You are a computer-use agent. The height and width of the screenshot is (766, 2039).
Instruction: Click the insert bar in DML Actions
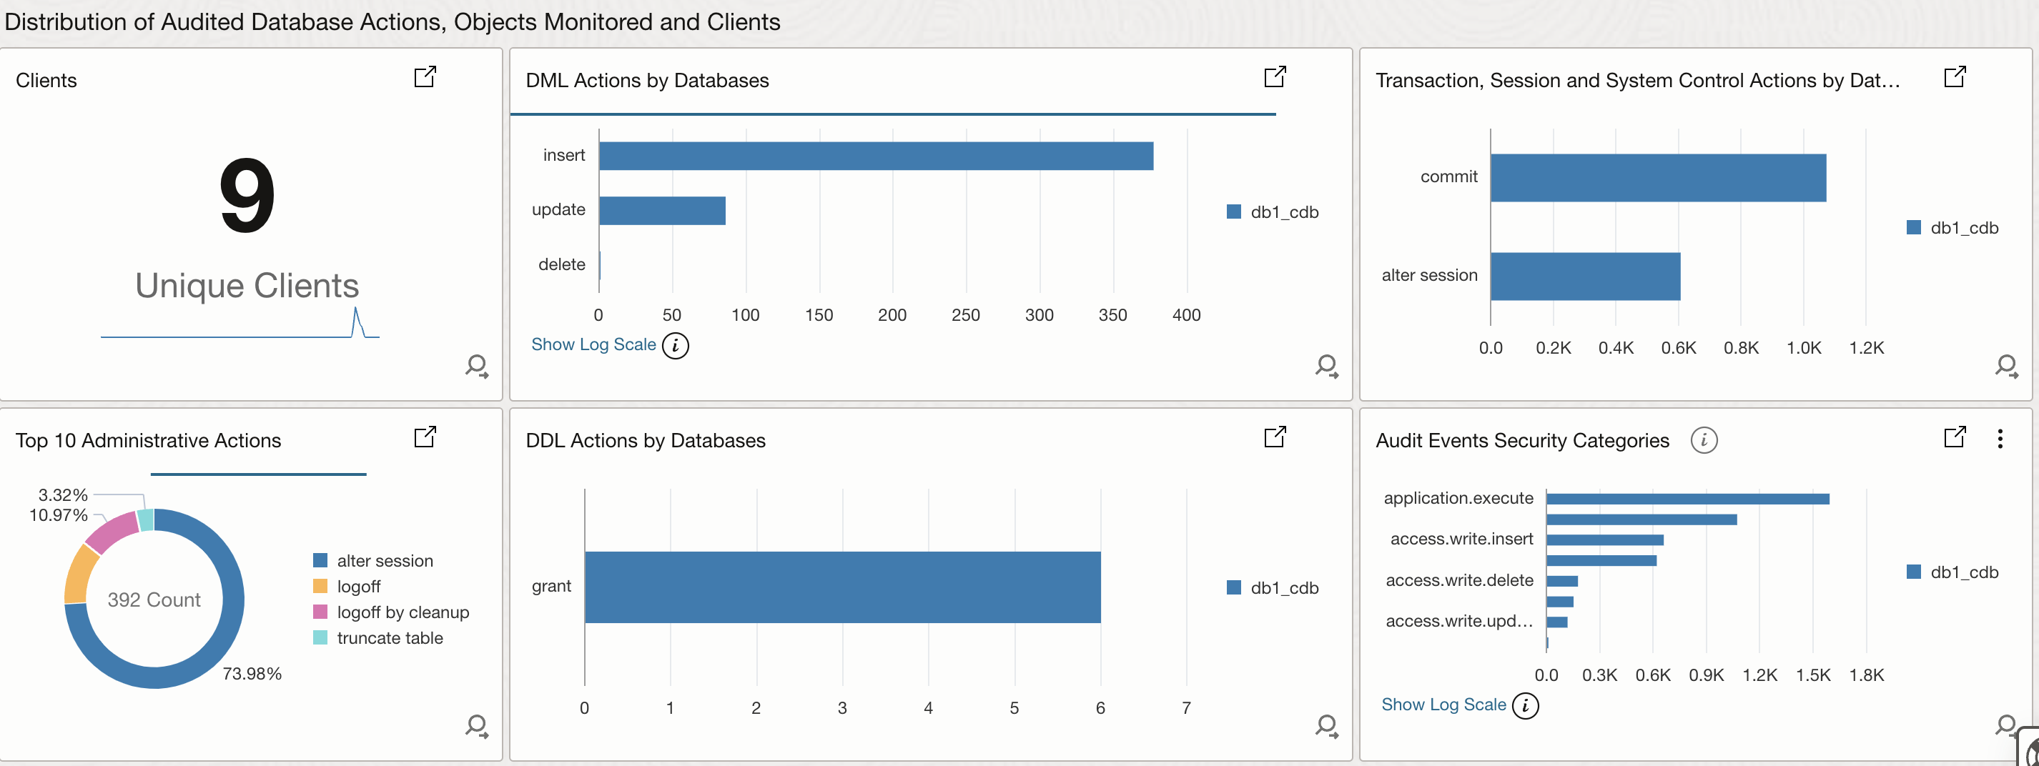pyautogui.click(x=875, y=156)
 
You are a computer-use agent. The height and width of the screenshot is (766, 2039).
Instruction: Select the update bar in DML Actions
pyautogui.click(x=662, y=211)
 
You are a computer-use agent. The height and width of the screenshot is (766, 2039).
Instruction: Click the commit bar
pyautogui.click(x=1657, y=178)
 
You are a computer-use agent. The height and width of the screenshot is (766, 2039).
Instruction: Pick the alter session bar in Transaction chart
pyautogui.click(x=1584, y=276)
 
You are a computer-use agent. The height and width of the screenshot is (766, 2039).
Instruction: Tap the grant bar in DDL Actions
pyautogui.click(x=842, y=587)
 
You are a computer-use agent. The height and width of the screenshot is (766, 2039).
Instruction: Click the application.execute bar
pyautogui.click(x=1687, y=499)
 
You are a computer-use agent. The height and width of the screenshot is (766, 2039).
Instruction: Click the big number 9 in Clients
pyautogui.click(x=247, y=196)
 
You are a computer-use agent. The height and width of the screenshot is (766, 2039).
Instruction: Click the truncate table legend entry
pyautogui.click(x=389, y=638)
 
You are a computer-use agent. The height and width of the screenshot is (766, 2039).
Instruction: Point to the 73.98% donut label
pyautogui.click(x=252, y=673)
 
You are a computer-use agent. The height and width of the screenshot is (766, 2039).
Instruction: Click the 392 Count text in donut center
pyautogui.click(x=154, y=600)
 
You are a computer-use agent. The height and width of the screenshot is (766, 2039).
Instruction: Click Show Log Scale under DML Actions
pyautogui.click(x=593, y=344)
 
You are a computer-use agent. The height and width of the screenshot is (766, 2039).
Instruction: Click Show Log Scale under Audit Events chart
pyautogui.click(x=1443, y=705)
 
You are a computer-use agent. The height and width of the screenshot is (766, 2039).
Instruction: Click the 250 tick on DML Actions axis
pyautogui.click(x=965, y=315)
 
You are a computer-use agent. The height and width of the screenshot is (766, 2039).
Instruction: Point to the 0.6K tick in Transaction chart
pyautogui.click(x=1677, y=348)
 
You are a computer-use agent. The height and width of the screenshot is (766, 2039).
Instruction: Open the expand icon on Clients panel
pyautogui.click(x=425, y=76)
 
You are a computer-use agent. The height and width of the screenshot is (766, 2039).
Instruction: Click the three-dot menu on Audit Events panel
pyautogui.click(x=2000, y=439)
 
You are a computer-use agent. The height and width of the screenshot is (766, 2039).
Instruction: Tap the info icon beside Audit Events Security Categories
pyautogui.click(x=1704, y=440)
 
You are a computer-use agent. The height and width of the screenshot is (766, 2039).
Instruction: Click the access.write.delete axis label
pyautogui.click(x=1458, y=580)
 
